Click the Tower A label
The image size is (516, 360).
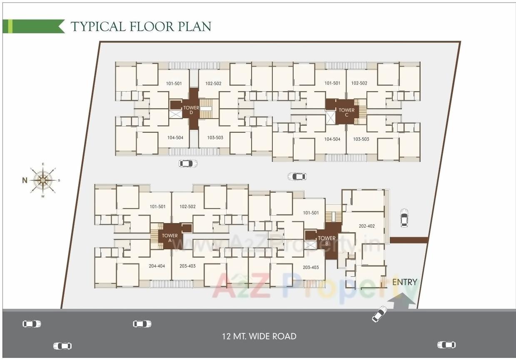[170, 238]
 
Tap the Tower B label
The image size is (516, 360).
[327, 241]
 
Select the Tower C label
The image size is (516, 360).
[346, 112]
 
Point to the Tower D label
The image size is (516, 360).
[191, 110]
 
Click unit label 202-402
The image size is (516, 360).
[367, 226]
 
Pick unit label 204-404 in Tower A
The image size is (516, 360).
[160, 266]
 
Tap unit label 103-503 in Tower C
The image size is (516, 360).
[361, 139]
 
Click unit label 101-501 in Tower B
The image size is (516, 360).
[311, 213]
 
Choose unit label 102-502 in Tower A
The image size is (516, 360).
[187, 207]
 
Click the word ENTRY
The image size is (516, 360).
[404, 282]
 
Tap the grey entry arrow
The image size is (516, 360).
[401, 301]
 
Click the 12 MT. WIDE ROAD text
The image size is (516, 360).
[259, 336]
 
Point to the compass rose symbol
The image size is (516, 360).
[42, 180]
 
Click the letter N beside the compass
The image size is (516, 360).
[25, 180]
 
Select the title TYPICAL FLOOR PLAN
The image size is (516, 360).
[141, 26]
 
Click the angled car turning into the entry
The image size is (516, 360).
[379, 314]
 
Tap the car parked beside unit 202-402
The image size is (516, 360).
[404, 218]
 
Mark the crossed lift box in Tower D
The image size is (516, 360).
[175, 114]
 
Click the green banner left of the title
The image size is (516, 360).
[33, 26]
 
